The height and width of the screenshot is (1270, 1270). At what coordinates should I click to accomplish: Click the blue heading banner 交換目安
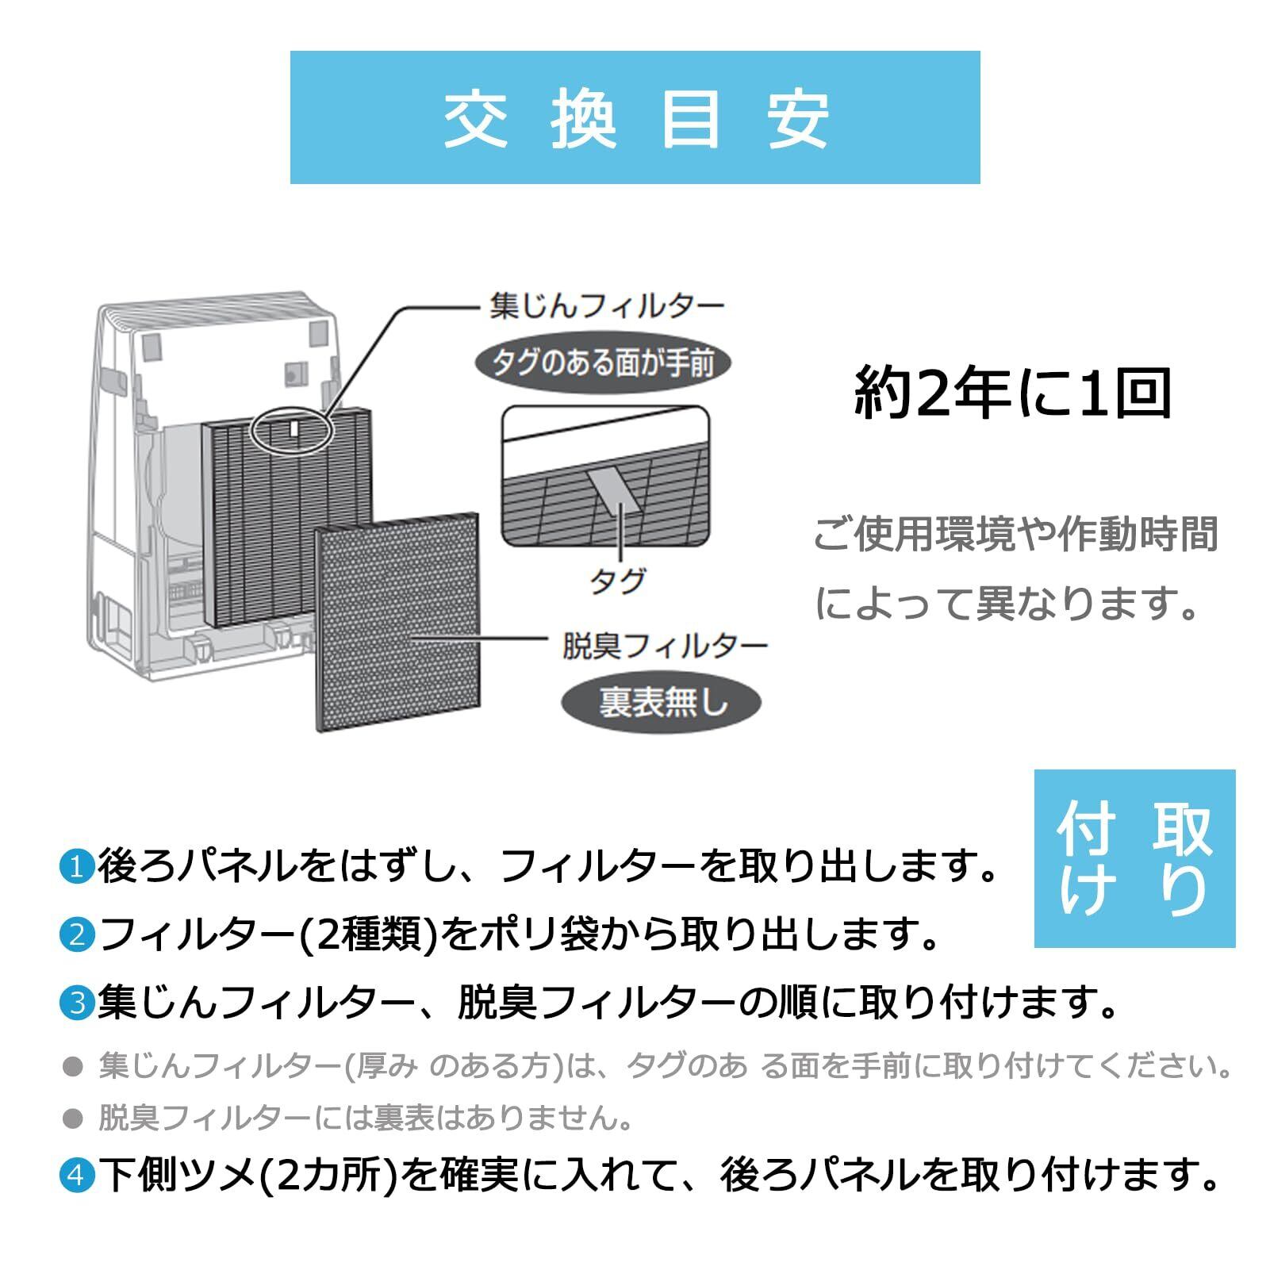635,117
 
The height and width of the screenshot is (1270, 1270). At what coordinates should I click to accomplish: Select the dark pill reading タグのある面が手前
603,363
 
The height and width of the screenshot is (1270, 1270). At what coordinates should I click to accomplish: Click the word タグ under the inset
617,582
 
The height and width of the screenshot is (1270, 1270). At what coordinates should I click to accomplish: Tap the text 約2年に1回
1013,394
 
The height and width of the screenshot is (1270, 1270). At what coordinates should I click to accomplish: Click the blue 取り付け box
1134,858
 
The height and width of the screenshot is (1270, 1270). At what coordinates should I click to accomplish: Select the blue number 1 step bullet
77,866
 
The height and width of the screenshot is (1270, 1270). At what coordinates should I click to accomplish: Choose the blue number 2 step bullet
77,934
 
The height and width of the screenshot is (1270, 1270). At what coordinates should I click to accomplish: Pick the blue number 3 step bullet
77,1003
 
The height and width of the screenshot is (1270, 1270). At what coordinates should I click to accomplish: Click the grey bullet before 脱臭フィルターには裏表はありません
73,1118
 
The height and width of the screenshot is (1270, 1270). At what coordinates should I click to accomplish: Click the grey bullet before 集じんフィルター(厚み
73,1066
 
